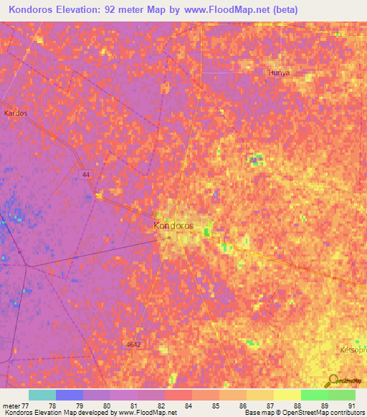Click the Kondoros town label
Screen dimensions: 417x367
[x=173, y=225]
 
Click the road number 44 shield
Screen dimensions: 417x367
[x=85, y=174]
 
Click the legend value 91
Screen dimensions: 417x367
[x=351, y=405]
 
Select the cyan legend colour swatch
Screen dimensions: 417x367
[x=42, y=395]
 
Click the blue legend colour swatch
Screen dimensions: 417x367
[x=69, y=395]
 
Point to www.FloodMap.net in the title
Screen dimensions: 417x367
[x=230, y=9]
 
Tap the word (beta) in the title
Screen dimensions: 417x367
[x=283, y=9]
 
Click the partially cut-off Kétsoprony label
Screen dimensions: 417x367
[x=353, y=350]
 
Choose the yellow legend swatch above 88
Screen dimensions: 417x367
[x=287, y=395]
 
